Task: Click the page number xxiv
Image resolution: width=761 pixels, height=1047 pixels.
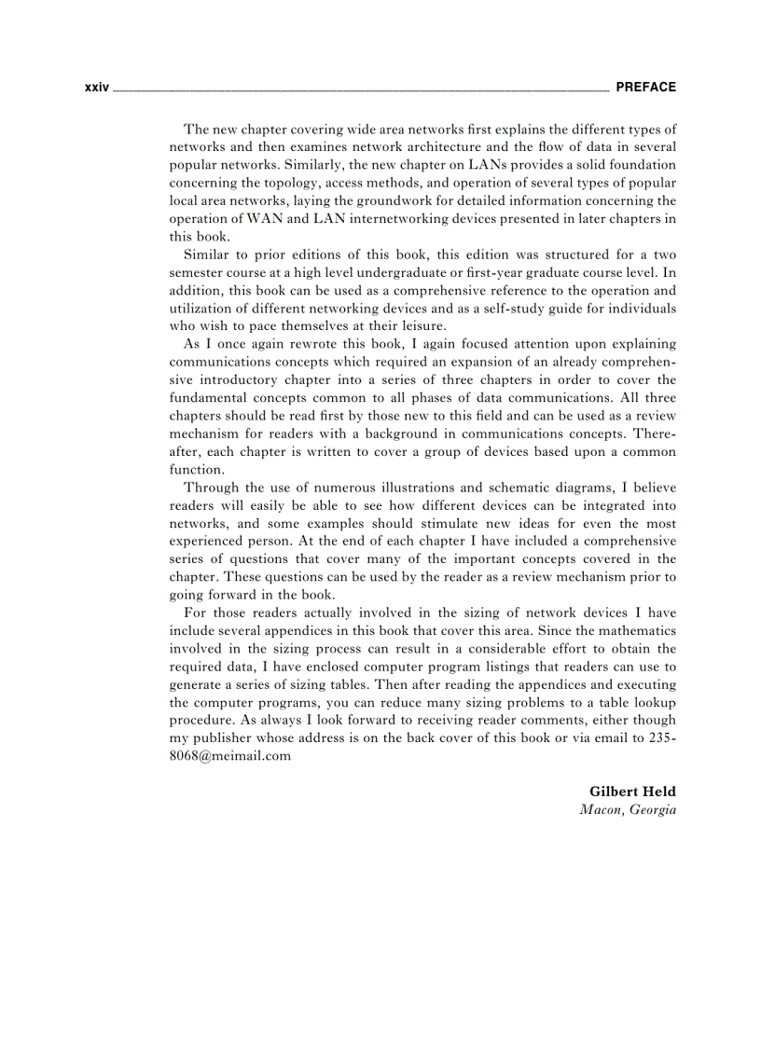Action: tap(96, 88)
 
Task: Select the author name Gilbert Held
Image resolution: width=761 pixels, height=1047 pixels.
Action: tap(631, 792)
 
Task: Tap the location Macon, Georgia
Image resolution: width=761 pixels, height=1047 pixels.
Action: tap(627, 809)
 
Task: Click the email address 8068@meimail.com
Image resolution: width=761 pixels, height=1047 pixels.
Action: tap(229, 756)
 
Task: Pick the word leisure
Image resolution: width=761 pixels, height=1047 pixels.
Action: tap(422, 325)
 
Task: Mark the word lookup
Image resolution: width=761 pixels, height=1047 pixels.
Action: tap(652, 702)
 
